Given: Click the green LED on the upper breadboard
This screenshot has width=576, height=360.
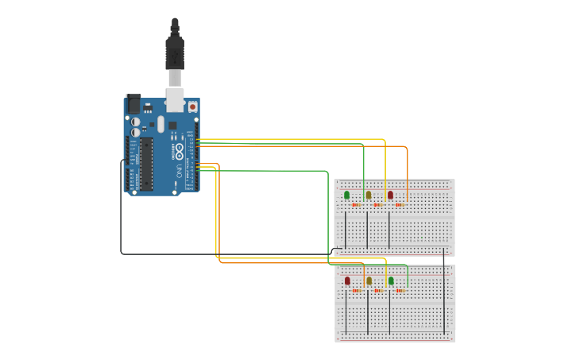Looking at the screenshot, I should [346, 195].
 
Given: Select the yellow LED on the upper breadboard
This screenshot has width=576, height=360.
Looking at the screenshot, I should [368, 195].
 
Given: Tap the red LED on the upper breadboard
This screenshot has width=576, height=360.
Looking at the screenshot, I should [390, 195].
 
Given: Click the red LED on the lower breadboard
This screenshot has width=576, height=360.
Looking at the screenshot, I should [347, 281].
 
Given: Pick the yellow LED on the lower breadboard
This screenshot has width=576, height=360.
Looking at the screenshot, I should [369, 281].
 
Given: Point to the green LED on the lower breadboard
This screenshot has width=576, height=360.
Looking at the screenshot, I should [391, 281].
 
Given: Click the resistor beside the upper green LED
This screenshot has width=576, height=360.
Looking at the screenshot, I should [357, 205].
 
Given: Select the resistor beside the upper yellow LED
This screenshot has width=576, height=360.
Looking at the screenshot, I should [378, 205].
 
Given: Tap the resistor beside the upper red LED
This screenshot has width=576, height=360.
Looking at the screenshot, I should [400, 205].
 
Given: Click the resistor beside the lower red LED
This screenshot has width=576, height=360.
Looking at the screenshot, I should [357, 291].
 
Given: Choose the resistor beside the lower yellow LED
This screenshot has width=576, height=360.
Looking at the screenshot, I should [378, 291].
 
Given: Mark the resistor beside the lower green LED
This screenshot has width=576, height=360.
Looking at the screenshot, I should [400, 291].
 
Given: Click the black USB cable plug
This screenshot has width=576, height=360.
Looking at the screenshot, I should [175, 52].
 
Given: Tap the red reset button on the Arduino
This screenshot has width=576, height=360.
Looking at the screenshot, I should [192, 106].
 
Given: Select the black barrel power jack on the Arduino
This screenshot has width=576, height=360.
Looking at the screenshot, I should [133, 104].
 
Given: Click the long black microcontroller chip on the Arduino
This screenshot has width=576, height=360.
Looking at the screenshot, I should [146, 164].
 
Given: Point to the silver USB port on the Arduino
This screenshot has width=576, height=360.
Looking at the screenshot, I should [175, 99].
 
